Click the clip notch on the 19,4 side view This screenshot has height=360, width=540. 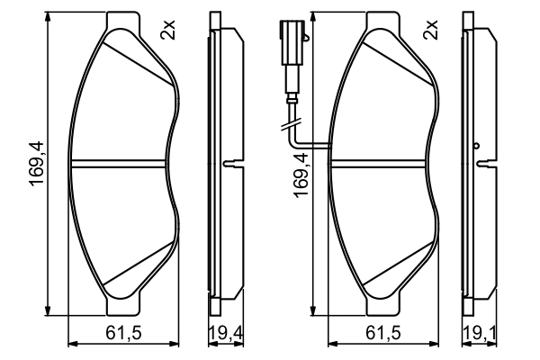[x=230, y=163]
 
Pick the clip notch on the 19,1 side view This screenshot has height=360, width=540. [x=487, y=163]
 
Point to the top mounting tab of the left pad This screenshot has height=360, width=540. [x=125, y=21]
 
